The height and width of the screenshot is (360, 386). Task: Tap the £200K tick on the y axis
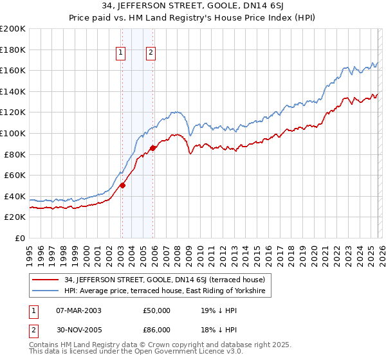pyautogui.click(x=13, y=29)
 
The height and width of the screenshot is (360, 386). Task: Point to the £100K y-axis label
pyautogui.click(x=13, y=133)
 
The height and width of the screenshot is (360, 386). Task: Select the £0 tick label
pyautogui.click(x=20, y=238)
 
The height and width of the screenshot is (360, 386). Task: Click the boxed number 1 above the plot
pyautogui.click(x=121, y=53)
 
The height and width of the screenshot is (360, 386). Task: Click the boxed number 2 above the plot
pyautogui.click(x=151, y=53)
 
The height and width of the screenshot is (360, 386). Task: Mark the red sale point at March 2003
pyautogui.click(x=122, y=186)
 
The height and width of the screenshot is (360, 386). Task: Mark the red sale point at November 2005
pyautogui.click(x=153, y=148)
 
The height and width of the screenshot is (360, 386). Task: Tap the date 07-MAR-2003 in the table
pyautogui.click(x=78, y=310)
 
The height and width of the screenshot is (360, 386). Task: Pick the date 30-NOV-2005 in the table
pyautogui.click(x=78, y=330)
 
